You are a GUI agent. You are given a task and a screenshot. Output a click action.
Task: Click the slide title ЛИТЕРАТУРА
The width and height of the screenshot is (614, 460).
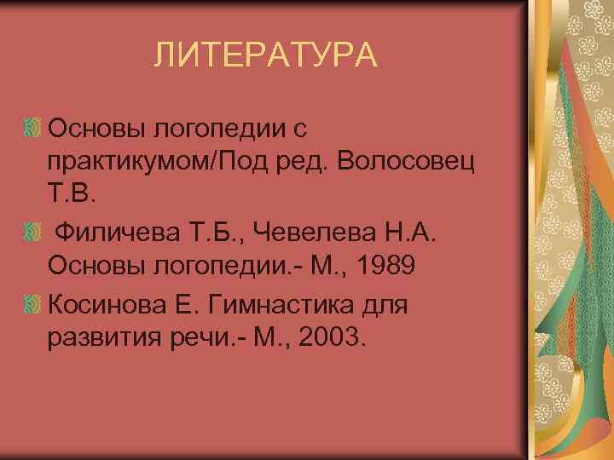click(x=264, y=56)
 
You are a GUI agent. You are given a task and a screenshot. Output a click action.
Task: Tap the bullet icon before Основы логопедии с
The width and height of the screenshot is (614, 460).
click(x=33, y=129)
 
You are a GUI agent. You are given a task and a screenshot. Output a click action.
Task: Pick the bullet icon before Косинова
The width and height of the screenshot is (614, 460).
click(x=33, y=303)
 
